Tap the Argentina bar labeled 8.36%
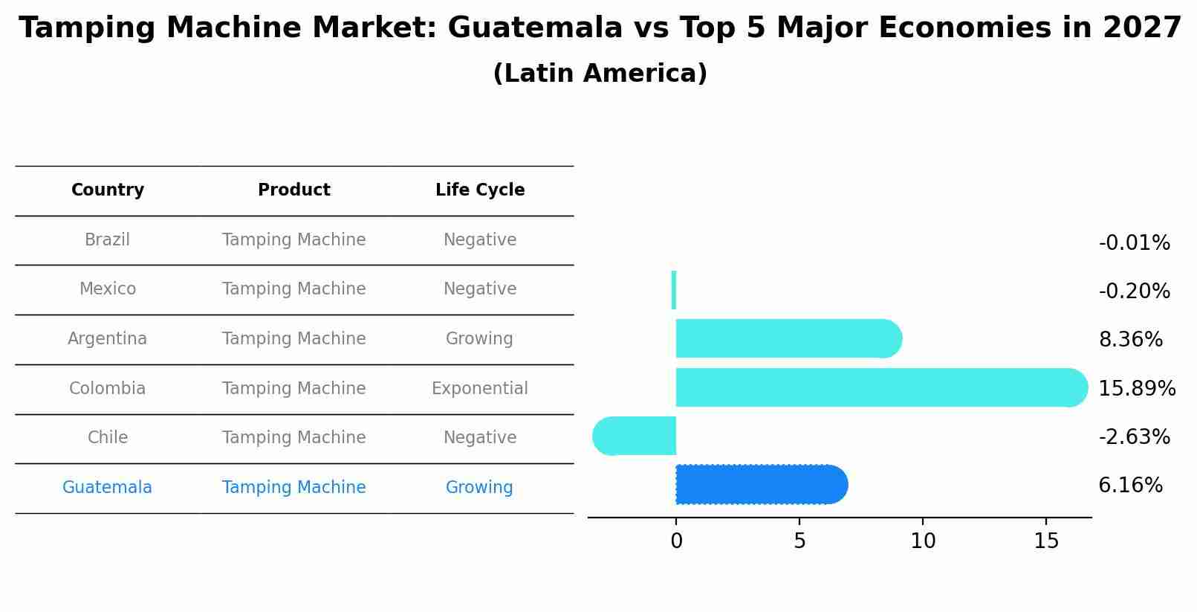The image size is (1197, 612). [x=788, y=338]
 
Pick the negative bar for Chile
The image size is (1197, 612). [x=635, y=436]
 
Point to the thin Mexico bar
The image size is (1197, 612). [x=674, y=290]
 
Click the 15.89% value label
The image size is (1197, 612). [x=1136, y=388]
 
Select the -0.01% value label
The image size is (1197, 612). [x=1134, y=243]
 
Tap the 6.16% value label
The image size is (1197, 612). [x=1130, y=486]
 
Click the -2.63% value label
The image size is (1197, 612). [x=1134, y=437]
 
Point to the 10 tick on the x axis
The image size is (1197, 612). [x=923, y=541]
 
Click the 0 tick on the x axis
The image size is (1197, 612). [x=676, y=541]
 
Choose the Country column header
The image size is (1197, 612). [x=108, y=190]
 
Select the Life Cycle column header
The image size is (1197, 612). [x=480, y=190]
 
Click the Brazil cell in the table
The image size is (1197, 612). [x=107, y=240]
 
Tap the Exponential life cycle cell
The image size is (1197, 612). [x=479, y=388]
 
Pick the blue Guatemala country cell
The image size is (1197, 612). [x=107, y=487]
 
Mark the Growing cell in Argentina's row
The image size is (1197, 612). [x=479, y=339]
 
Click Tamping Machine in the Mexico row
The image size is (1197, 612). [x=293, y=289]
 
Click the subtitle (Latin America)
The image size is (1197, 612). [x=600, y=74]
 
